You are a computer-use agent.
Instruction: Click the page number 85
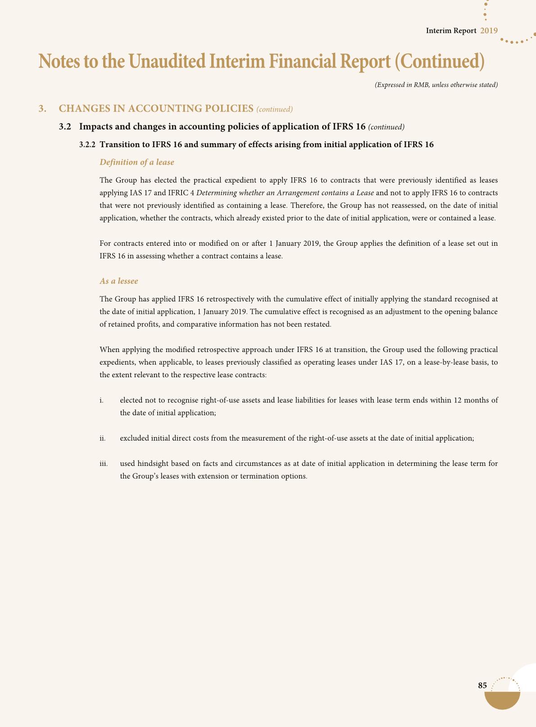482,686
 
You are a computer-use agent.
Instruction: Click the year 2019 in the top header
489,31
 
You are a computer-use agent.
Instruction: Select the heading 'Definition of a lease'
137,162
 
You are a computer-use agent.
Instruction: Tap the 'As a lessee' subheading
119,281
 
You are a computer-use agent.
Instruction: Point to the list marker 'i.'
101,400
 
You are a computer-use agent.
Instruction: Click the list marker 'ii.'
102,438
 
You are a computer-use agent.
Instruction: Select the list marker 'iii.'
103,463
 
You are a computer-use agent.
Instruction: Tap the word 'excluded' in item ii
134,438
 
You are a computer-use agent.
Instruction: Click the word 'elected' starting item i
131,400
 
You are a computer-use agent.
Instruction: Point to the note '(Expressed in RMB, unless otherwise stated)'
436,85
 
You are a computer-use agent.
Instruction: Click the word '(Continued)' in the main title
439,62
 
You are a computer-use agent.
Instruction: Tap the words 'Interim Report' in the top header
451,31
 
